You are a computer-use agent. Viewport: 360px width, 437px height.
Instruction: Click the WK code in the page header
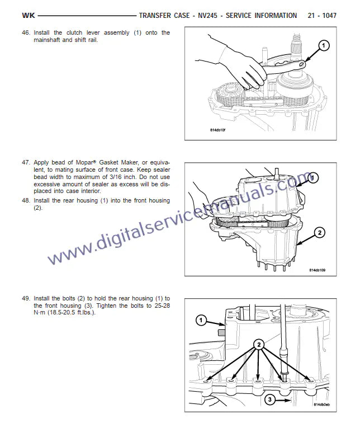[29, 15]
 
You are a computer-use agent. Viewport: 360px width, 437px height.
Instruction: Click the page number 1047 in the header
[329, 15]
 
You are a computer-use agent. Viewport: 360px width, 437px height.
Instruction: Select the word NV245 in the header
[207, 15]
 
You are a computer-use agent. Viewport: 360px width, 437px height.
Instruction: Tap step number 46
[26, 32]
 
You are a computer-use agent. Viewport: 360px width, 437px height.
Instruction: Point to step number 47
[26, 162]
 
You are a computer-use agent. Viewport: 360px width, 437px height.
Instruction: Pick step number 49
[26, 298]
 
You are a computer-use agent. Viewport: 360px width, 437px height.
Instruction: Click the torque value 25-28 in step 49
[162, 306]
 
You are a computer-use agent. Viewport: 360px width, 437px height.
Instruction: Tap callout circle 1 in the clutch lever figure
[323, 45]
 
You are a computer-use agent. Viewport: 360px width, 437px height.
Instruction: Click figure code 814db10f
[217, 130]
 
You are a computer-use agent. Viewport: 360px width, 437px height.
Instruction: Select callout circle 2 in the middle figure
[319, 233]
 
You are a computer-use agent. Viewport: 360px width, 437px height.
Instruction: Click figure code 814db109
[317, 270]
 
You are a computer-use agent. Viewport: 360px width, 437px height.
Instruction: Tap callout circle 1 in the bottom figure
[201, 320]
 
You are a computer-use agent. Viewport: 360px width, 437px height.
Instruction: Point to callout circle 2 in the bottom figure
[259, 345]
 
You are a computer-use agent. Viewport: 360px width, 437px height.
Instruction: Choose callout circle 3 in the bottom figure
[269, 400]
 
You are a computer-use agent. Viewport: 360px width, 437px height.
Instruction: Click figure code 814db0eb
[321, 405]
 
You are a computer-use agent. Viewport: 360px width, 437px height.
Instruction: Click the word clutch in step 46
[74, 32]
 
